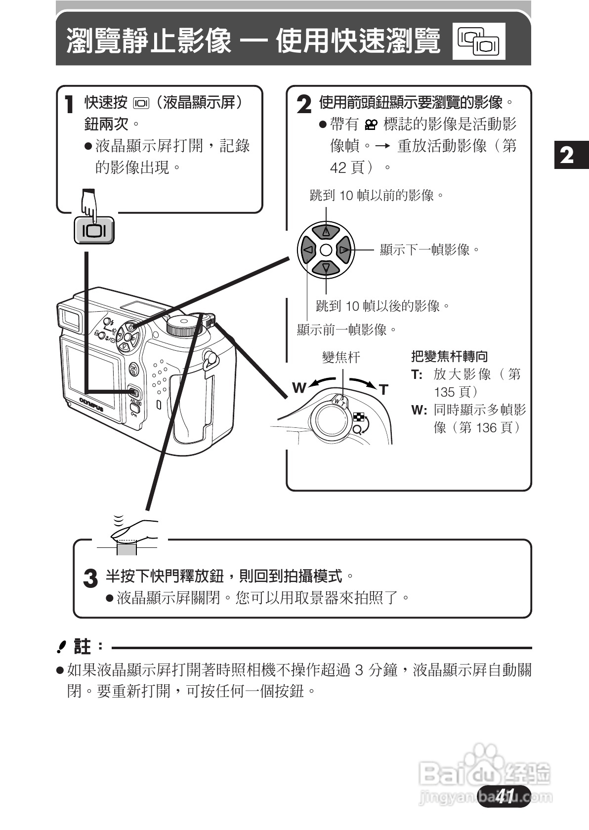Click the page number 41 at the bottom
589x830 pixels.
coord(505,796)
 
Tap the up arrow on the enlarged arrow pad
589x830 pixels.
coord(326,231)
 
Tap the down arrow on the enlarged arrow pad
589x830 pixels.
coord(326,268)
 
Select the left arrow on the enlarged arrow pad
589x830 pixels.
coord(307,250)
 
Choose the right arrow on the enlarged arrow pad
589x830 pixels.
coord(344,250)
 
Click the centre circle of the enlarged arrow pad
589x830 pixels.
coord(326,250)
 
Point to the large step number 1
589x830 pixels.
coord(70,105)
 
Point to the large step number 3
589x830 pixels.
coord(90,578)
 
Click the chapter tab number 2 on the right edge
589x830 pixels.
coord(568,155)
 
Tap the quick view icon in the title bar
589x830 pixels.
coord(478,41)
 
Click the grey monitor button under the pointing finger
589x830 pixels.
coord(94,231)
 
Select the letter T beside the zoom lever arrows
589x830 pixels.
coord(384,390)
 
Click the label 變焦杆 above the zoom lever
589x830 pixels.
coord(341,357)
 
